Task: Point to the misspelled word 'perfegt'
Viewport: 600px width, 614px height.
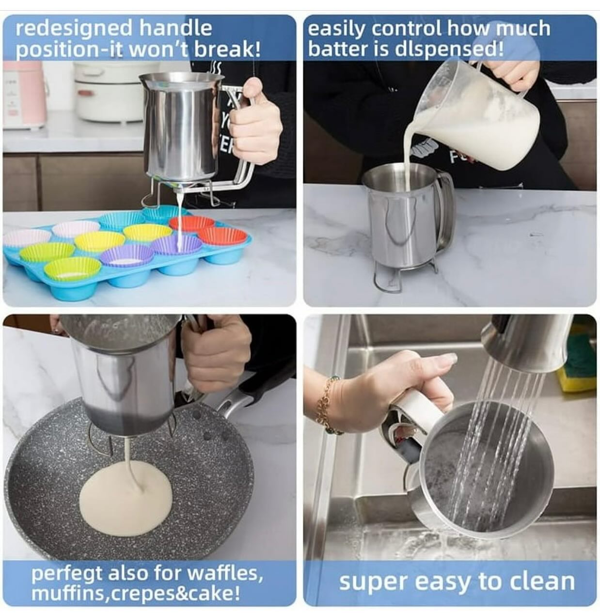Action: [67, 574]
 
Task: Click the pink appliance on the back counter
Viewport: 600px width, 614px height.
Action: [24, 94]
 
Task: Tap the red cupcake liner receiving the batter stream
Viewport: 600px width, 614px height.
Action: [192, 223]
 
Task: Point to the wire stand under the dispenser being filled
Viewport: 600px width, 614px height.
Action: [393, 276]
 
